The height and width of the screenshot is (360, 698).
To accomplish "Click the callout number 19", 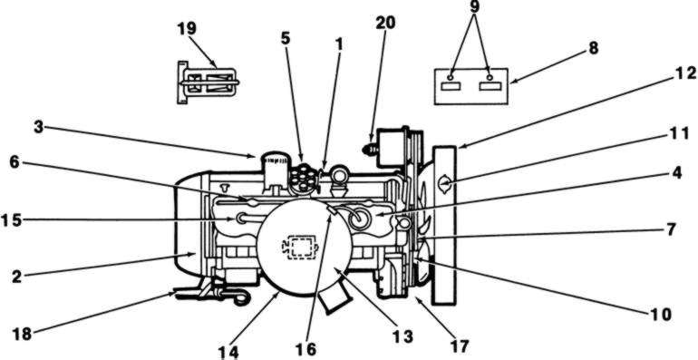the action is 187,29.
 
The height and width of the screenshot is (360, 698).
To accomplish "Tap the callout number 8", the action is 593,48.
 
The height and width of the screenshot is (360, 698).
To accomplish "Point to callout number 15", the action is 11,220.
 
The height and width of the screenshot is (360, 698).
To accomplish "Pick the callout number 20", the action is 385,24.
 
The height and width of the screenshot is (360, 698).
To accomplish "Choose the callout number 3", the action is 39,127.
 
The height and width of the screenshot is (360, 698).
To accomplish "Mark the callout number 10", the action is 660,315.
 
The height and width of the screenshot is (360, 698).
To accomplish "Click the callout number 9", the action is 474,6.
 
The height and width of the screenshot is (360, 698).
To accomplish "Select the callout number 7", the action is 671,230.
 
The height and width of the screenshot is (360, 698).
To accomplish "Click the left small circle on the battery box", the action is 451,77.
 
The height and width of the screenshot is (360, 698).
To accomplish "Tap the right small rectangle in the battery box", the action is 490,85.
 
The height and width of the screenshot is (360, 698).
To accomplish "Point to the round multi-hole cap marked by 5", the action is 303,179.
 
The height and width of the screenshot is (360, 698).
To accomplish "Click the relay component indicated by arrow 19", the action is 208,83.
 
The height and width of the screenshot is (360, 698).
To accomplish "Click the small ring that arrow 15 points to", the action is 243,219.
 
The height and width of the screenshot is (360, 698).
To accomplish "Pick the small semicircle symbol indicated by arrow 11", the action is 445,183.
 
